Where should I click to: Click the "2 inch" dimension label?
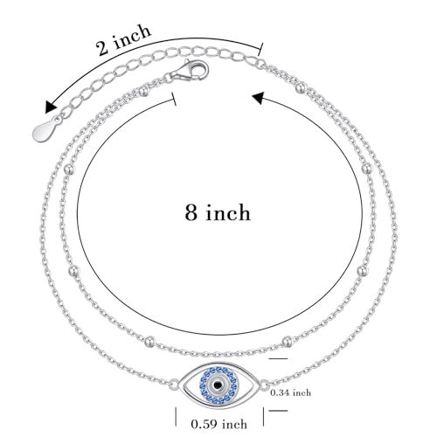pos(124,39)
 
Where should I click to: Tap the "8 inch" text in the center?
pos(218,212)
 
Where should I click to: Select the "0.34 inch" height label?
pos(290,392)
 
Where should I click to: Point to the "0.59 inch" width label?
pos(219,424)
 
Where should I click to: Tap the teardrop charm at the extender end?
pos(45,130)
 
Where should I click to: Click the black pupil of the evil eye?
pos(218,385)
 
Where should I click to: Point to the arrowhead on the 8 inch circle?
pos(259,98)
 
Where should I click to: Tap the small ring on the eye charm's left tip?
pos(174,384)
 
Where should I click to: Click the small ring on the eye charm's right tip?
pos(264,385)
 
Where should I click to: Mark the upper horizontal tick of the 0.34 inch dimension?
pos(278,359)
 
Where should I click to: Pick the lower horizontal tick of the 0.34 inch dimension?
pos(278,411)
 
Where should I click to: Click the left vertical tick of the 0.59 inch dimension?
pos(176,417)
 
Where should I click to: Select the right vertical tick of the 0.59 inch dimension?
pos(263,417)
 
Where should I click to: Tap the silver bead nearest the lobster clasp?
pos(143,92)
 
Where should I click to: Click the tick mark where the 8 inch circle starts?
pos(175,100)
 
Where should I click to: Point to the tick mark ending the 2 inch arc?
pos(260,49)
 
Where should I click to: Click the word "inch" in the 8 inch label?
pos(228,212)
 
